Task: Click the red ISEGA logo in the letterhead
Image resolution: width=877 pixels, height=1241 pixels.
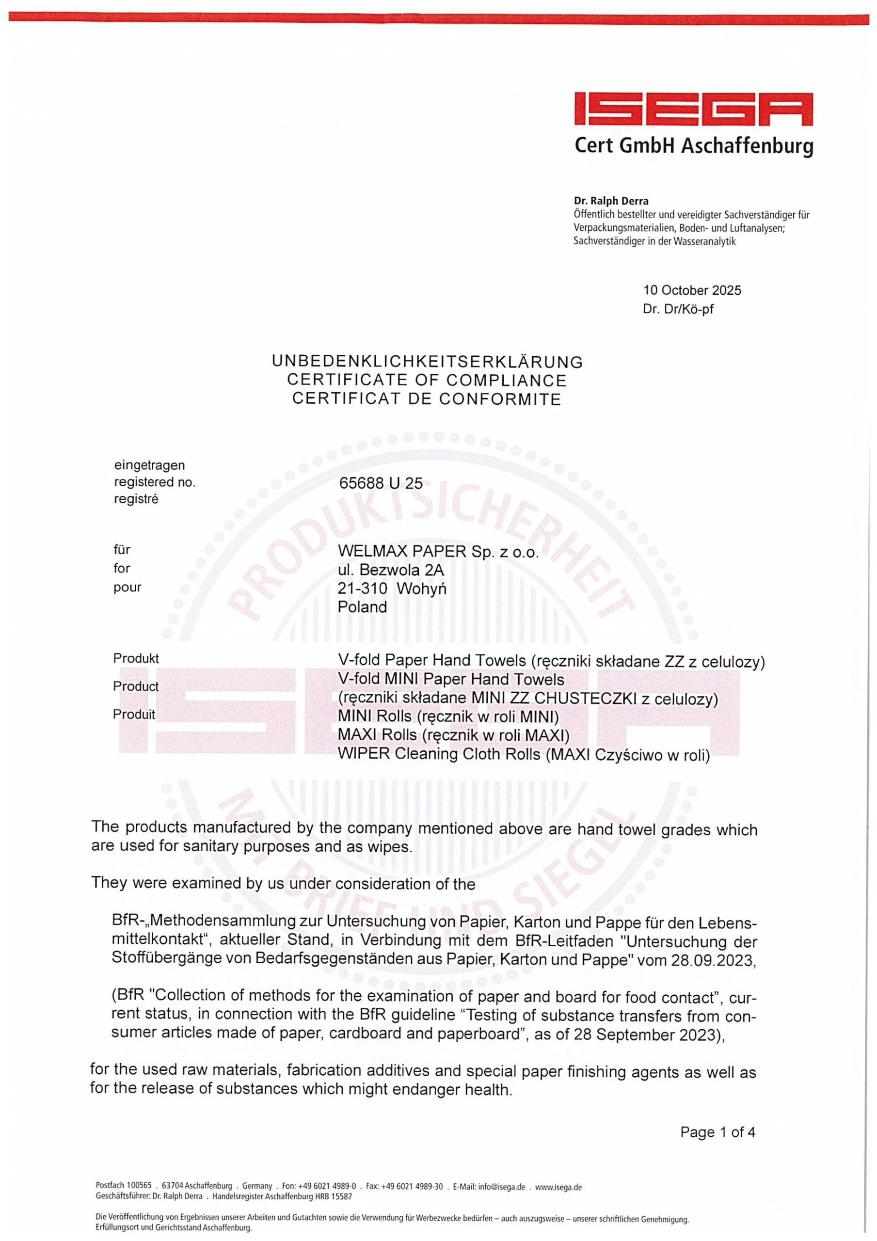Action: pyautogui.click(x=693, y=110)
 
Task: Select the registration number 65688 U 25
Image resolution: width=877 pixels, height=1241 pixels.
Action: pyautogui.click(x=381, y=483)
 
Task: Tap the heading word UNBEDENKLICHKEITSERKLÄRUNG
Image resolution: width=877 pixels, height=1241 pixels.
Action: pyautogui.click(x=427, y=362)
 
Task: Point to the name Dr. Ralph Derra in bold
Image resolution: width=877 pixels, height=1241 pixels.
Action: pyautogui.click(x=611, y=202)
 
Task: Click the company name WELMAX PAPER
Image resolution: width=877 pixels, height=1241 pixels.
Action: pyautogui.click(x=402, y=551)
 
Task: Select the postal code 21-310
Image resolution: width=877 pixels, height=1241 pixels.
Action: pyautogui.click(x=362, y=588)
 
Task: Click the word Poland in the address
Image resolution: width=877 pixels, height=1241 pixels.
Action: pyautogui.click(x=362, y=606)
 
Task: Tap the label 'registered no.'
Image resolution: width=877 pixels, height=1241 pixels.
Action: pyautogui.click(x=154, y=482)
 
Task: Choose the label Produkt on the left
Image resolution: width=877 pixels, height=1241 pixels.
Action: pyautogui.click(x=136, y=658)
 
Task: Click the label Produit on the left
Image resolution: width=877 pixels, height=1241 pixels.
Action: pyautogui.click(x=133, y=714)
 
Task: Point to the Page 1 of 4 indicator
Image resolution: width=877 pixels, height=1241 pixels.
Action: pyautogui.click(x=717, y=1132)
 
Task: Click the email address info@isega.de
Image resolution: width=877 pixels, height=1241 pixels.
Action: pyautogui.click(x=501, y=1187)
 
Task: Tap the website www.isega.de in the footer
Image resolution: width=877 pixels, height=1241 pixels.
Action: pyautogui.click(x=558, y=1187)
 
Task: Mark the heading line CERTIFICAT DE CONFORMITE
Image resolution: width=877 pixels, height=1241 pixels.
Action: pyautogui.click(x=427, y=399)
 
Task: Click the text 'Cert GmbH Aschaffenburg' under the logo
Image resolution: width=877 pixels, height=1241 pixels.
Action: pyautogui.click(x=693, y=145)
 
